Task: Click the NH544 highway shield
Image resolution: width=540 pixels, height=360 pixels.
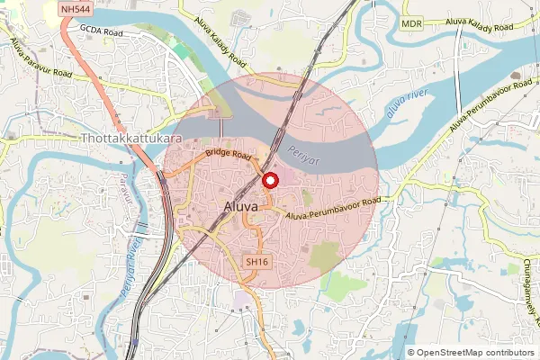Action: point(75,9)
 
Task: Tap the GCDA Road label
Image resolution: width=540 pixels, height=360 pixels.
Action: point(100,29)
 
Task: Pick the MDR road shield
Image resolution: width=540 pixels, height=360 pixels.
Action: point(412,23)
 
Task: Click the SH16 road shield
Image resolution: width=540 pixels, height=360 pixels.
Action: point(256,262)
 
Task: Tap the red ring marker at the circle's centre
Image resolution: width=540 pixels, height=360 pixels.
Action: point(269,181)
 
